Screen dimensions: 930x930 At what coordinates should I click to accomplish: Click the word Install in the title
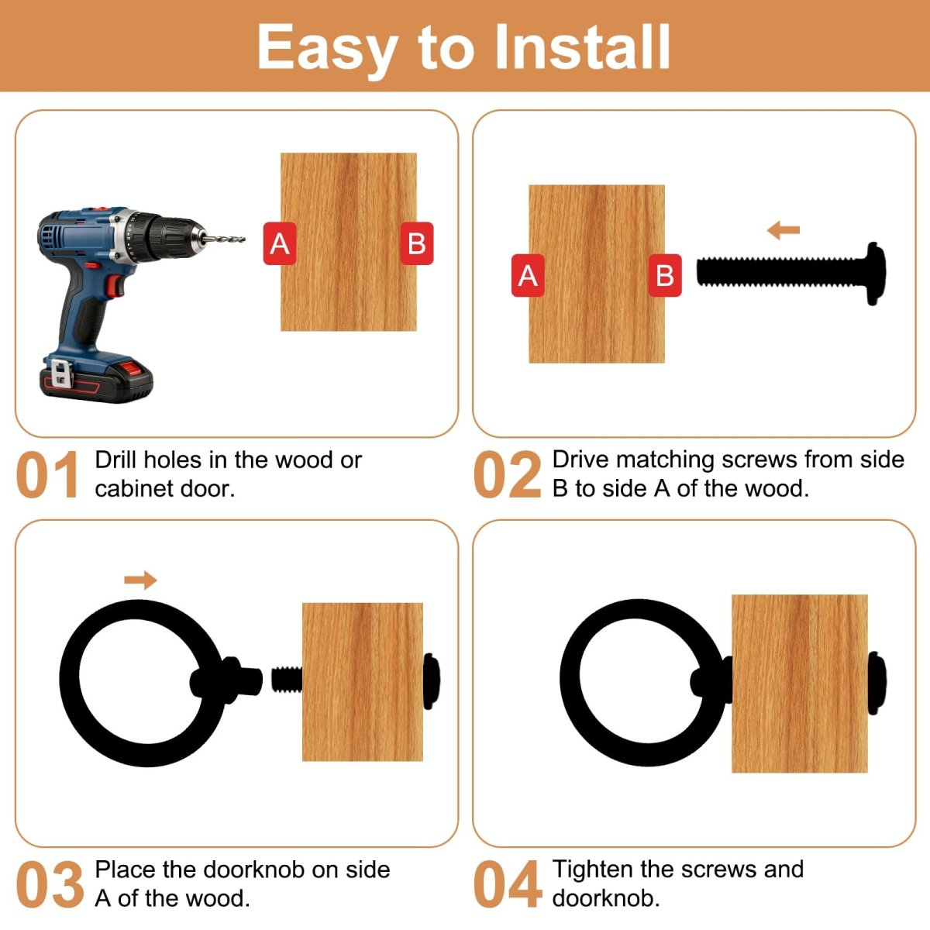(583, 47)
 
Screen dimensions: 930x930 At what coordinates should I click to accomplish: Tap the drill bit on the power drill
(225, 239)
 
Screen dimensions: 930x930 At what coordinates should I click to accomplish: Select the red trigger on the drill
(115, 286)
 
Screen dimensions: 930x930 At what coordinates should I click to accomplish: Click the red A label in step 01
(280, 243)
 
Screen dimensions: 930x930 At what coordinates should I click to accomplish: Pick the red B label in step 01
(417, 243)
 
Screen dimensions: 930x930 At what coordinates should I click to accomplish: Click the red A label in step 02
(528, 275)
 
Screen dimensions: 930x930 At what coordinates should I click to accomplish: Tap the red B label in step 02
(665, 275)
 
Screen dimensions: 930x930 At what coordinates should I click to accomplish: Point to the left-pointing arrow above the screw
(784, 230)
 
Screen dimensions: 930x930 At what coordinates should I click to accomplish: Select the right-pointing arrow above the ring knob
(140, 580)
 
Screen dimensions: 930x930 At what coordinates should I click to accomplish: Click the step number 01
(47, 474)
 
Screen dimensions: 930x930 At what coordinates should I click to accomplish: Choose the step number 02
(507, 474)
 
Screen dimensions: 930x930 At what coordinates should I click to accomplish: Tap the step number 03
(50, 884)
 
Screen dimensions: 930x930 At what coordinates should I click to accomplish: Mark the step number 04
(507, 884)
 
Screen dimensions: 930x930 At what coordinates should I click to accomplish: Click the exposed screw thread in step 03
(287, 679)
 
